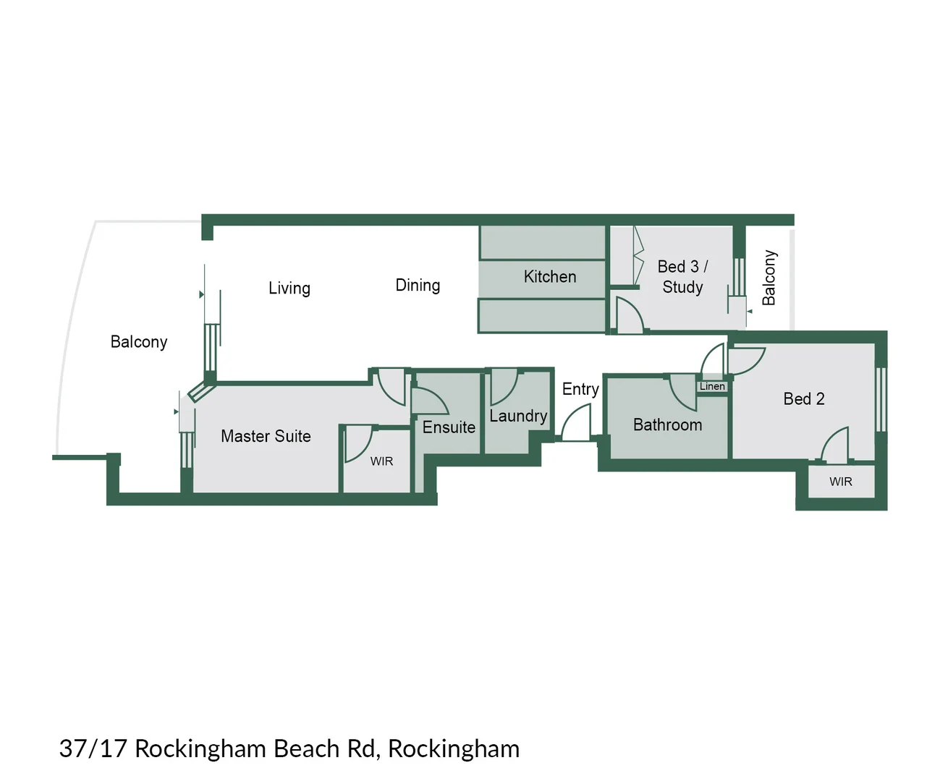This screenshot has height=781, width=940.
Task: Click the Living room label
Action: click(289, 288)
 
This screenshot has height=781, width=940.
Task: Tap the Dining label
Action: click(418, 285)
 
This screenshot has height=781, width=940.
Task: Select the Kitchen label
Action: click(549, 276)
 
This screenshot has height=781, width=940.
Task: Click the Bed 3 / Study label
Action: click(682, 277)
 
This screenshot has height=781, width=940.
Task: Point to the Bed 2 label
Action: click(803, 398)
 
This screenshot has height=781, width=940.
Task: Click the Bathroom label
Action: click(667, 424)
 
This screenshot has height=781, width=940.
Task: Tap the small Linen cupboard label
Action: click(712, 386)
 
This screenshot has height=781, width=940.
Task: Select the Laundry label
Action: click(518, 416)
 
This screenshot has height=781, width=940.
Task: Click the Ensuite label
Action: click(449, 427)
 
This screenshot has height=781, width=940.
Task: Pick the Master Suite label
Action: click(266, 436)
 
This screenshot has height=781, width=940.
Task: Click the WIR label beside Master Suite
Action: click(381, 461)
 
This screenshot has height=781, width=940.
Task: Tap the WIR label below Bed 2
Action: click(840, 482)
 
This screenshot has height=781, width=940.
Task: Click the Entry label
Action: click(580, 389)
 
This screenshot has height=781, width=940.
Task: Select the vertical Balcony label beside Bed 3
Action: click(768, 278)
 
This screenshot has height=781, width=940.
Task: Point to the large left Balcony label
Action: click(138, 341)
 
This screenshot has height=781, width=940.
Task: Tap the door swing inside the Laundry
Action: click(503, 388)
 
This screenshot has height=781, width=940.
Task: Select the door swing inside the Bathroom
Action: click(682, 392)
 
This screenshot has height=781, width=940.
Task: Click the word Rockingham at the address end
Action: click(454, 748)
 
